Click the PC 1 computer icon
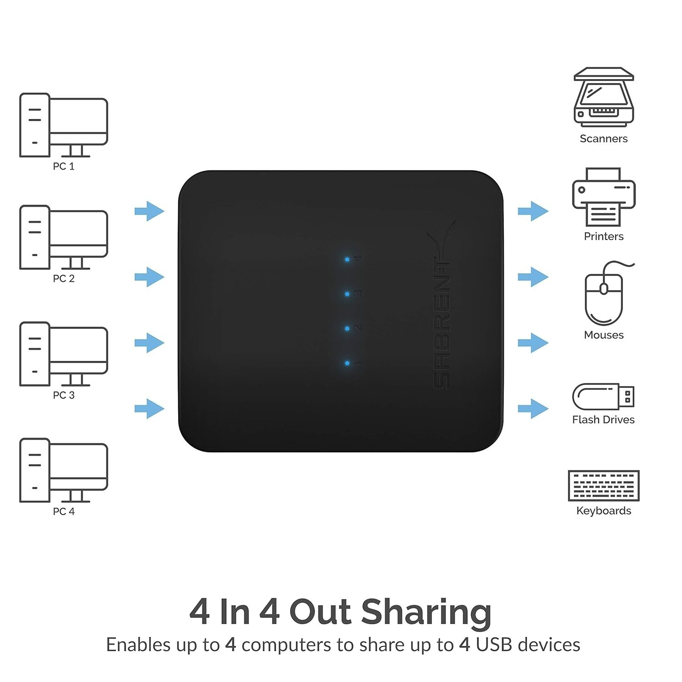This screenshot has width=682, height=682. point(64,125)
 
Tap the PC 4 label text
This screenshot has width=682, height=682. point(64,511)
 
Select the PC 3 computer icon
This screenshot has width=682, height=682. point(64,354)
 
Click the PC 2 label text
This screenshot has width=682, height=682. point(64,278)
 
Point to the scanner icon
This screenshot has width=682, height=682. point(603,97)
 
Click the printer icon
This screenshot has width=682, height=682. point(604,197)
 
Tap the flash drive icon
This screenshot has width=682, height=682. point(603,396)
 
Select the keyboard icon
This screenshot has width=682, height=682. point(604,486)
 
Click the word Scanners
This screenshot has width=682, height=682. point(603,139)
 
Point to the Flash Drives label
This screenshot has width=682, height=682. point(603,420)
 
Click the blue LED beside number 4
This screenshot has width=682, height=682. point(347,259)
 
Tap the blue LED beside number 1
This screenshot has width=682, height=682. point(347,363)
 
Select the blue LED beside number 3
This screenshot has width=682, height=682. point(347,294)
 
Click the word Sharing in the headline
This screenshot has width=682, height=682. point(426,612)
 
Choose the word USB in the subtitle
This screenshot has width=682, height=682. point(494,645)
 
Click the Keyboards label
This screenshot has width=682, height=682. point(604,511)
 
